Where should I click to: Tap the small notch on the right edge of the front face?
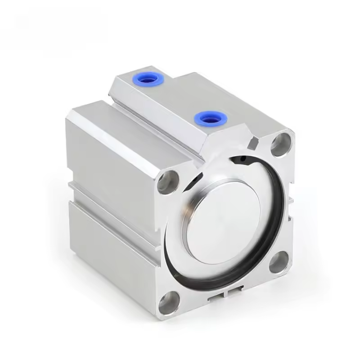[291, 200]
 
